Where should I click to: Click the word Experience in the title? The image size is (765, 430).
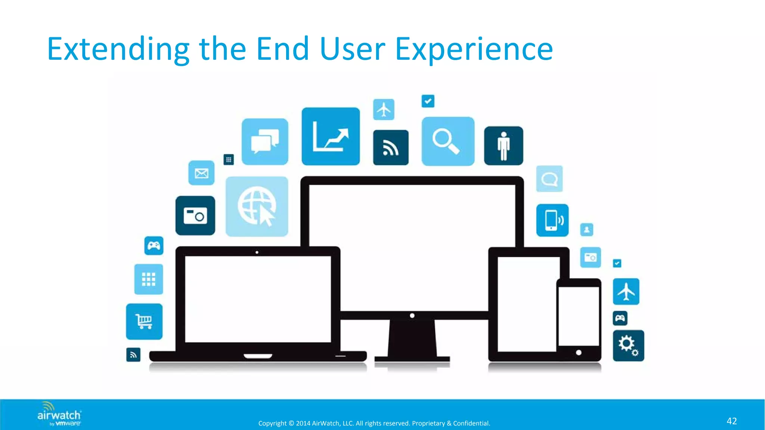pos(474,49)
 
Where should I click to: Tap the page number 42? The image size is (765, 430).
pos(731,421)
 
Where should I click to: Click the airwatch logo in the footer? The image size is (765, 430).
pos(59,414)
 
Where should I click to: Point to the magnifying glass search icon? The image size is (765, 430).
pos(447,141)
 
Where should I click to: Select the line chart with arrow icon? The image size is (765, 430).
pos(331,136)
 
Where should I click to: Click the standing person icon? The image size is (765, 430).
pos(504,146)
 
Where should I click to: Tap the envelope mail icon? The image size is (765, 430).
pos(201,173)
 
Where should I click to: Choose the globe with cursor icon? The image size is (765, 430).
pos(257,206)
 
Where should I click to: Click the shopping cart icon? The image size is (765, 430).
pos(144,321)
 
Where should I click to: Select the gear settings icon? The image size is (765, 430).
pos(628,346)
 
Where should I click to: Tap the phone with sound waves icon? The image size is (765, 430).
pos(552,220)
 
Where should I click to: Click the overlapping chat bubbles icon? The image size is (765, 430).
pos(265,141)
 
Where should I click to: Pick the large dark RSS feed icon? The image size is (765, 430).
pos(391,148)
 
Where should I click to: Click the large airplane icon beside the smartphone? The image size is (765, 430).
pos(626,292)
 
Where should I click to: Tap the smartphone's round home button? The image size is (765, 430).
pos(579,353)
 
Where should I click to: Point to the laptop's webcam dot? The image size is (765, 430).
pos(257,252)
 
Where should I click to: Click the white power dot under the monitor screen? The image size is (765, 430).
pos(412,316)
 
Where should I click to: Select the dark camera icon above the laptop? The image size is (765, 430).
pos(195,216)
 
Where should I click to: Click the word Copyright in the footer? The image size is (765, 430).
pos(272,423)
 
